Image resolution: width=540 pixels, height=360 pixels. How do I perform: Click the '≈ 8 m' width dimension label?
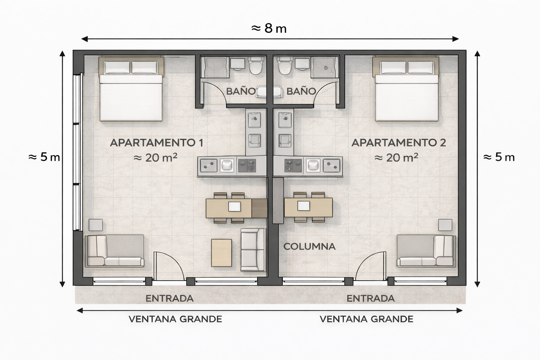(269, 28)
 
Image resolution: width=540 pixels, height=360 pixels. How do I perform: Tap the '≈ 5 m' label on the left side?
(44, 157)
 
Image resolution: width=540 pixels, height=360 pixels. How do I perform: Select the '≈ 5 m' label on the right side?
(499, 157)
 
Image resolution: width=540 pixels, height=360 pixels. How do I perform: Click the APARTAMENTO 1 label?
(156, 143)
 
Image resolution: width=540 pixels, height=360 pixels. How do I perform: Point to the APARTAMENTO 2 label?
(399, 143)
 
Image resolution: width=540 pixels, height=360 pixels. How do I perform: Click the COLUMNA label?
(309, 246)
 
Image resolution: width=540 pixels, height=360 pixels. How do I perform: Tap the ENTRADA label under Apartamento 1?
(169, 298)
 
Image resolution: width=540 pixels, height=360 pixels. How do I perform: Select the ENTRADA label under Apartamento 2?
(371, 298)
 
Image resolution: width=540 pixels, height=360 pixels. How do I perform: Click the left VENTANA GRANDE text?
(175, 319)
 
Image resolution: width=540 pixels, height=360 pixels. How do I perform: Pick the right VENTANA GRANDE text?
(366, 319)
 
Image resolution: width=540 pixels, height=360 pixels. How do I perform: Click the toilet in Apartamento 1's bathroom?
(256, 66)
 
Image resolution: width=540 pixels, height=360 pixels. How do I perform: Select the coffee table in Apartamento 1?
(221, 253)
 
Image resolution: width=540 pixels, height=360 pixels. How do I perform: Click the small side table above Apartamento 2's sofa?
(445, 225)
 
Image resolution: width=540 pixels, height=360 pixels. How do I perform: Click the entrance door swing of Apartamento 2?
(371, 265)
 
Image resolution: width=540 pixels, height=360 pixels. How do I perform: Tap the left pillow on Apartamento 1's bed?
(117, 67)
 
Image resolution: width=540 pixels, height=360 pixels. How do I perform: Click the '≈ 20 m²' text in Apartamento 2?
(396, 157)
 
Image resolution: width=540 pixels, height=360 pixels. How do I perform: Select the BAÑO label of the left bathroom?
(240, 91)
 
